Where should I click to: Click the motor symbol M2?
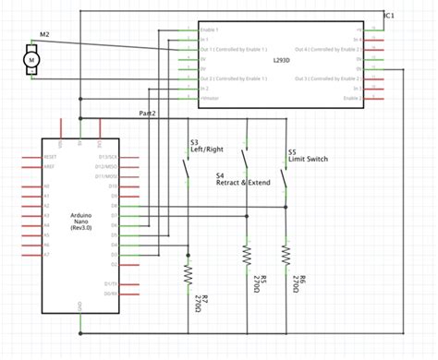tap(31, 60)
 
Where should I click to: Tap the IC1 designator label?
tap(390, 16)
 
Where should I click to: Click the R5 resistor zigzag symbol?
tap(247, 253)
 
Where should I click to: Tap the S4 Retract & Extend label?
tap(242, 180)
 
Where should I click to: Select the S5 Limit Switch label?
tap(309, 157)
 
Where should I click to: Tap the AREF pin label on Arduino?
tap(50, 166)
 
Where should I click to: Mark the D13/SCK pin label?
tap(107, 157)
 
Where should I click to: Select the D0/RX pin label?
tap(110, 293)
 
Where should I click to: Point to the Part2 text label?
tap(147, 113)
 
